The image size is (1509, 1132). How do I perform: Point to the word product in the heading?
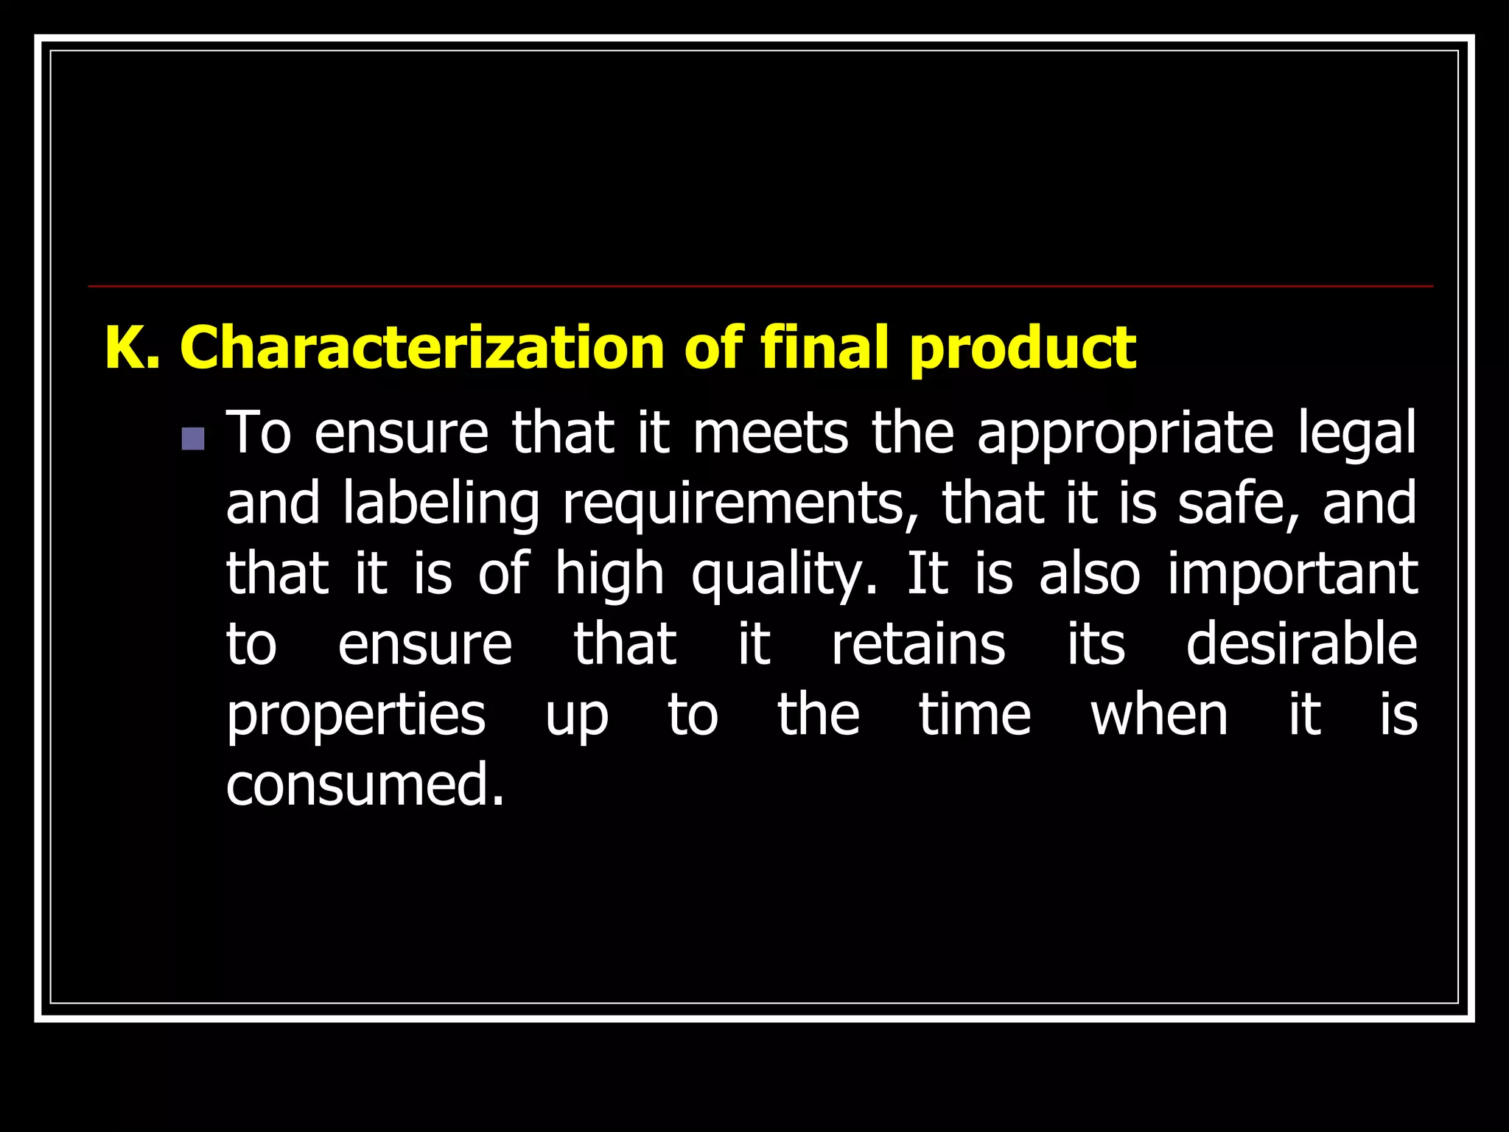pos(1023,349)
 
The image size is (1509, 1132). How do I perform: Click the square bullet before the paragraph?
pos(193,439)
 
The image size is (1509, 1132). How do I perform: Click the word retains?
pos(918,644)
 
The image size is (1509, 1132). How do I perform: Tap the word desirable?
pos(1301,643)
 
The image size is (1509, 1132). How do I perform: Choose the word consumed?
pos(365,786)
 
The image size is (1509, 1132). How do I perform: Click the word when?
pos(1159,715)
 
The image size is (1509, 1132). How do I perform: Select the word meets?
pos(770,434)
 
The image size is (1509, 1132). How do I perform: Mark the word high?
pos(609,576)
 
